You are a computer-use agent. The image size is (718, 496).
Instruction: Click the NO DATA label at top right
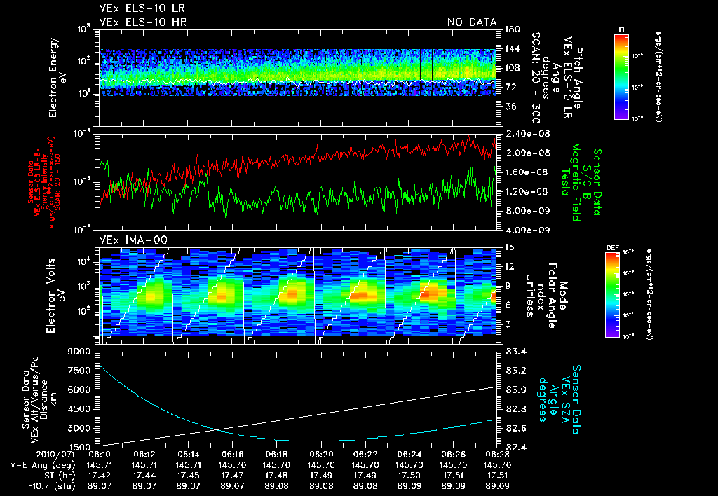tap(471, 22)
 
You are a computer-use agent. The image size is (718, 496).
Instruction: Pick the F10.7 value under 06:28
tap(497, 484)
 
